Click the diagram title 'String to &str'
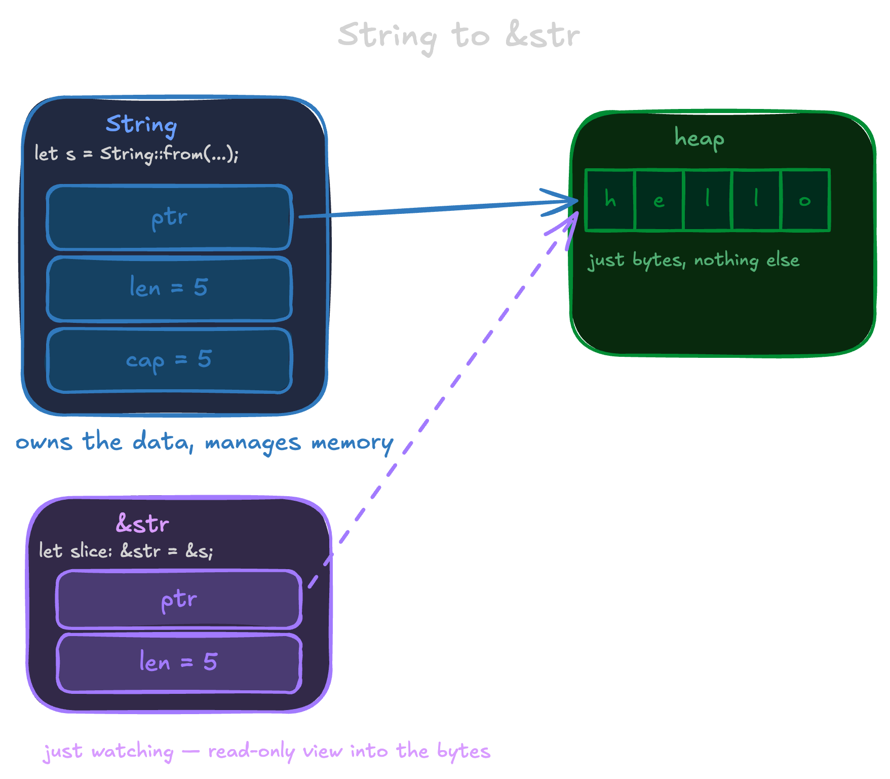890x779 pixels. coord(458,35)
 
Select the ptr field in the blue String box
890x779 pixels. coord(169,218)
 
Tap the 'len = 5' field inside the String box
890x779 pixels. coord(169,288)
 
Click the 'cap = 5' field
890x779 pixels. coord(169,360)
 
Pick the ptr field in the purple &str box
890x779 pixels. coord(179,600)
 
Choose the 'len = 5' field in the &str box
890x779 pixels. coord(179,662)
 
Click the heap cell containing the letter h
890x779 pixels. coord(610,200)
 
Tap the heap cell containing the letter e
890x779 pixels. coord(659,200)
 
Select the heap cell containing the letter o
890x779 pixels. coord(805,200)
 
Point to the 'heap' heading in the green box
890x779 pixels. coord(699,138)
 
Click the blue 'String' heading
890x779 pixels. coord(141,125)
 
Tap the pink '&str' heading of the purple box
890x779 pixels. coord(142,524)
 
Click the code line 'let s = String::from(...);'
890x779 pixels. coord(136,154)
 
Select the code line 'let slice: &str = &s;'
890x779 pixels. coord(126,551)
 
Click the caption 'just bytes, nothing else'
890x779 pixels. coord(693,261)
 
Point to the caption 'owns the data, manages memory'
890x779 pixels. coord(205,442)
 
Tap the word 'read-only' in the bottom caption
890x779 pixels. coord(251,751)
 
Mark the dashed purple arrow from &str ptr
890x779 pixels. coord(446,395)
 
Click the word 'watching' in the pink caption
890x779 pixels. coord(133,751)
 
